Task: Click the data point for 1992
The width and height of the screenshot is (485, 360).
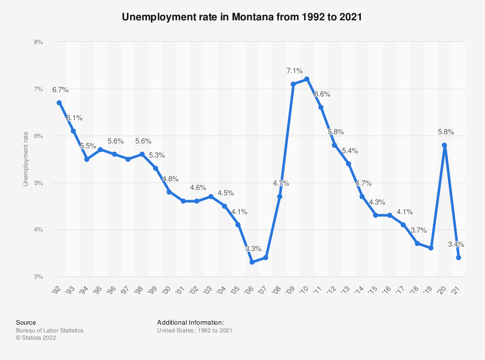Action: point(59,103)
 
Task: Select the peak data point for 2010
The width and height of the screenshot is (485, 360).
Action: point(307,79)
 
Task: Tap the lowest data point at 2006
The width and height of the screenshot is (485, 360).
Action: point(252,262)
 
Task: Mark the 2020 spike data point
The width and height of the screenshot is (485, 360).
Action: point(445,145)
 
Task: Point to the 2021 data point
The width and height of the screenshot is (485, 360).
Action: point(458,258)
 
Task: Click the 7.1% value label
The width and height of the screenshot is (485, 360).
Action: point(293,71)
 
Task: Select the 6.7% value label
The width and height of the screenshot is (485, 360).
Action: point(60,90)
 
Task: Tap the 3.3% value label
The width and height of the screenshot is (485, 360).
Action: point(252,249)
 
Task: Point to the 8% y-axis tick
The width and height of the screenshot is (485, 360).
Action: point(38,42)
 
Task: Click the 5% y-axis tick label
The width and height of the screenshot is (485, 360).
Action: point(38,183)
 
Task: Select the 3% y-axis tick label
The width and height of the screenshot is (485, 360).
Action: point(38,277)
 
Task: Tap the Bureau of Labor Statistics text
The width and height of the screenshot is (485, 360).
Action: point(49,330)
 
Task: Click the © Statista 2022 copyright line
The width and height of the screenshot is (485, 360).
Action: point(36,338)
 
